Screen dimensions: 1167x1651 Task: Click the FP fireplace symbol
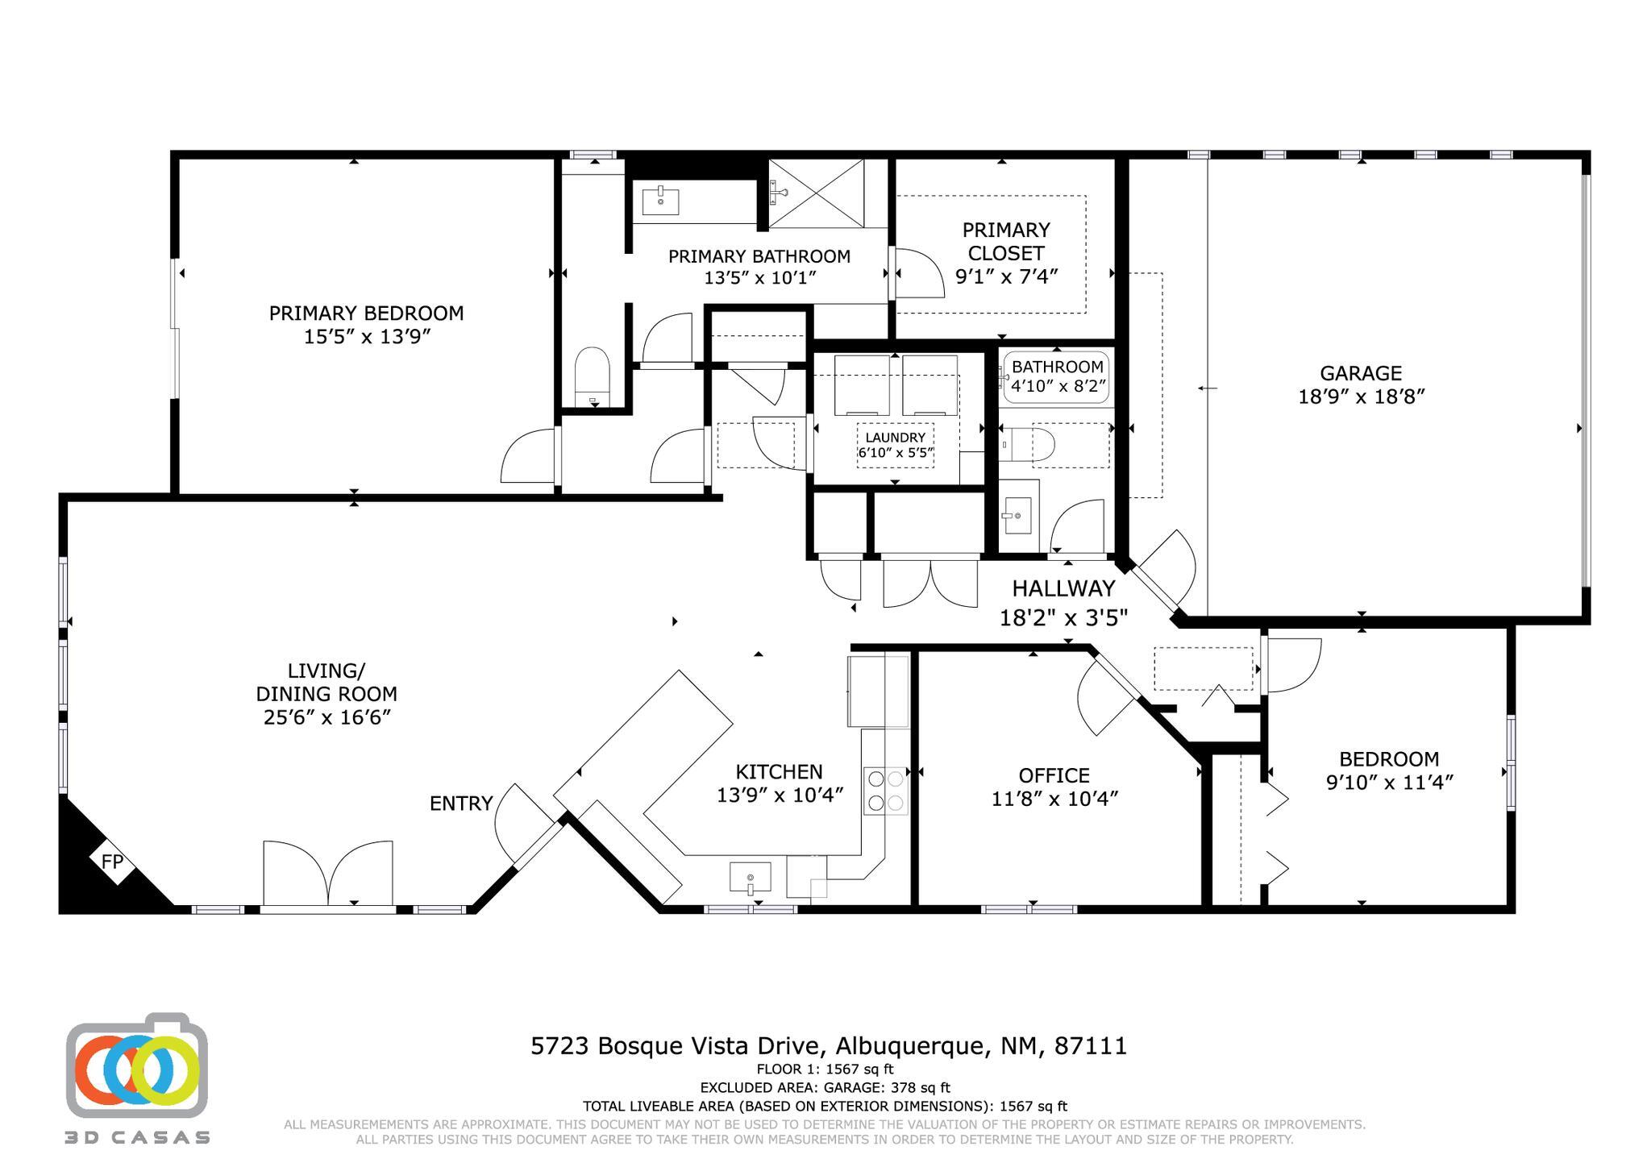112,862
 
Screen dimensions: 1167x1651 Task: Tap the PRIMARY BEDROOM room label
366,313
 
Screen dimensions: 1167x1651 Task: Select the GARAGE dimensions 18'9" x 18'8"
1362,397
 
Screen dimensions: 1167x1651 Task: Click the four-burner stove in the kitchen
885,791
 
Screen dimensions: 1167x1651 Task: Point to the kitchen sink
750,877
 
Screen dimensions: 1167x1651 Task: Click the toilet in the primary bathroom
593,376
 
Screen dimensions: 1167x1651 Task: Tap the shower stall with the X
816,193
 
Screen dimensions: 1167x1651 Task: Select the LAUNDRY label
895,438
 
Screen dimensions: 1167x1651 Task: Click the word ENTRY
461,804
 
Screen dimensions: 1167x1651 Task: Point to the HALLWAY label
1063,588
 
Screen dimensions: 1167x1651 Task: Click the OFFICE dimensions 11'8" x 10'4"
1054,799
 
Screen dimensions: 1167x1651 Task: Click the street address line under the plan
828,1046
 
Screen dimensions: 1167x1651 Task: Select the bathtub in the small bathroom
1057,377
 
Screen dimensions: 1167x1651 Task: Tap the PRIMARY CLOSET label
1006,241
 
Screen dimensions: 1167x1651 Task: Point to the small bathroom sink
1018,514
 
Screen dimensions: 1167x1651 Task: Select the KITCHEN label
779,772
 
